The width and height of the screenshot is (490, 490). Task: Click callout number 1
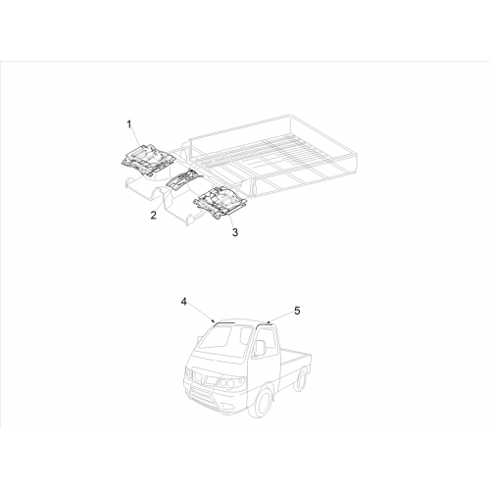click(x=129, y=124)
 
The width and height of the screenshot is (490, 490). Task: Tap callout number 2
click(x=153, y=216)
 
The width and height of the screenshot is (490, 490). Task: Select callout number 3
click(x=235, y=232)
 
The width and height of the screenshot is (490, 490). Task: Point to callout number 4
click(x=183, y=302)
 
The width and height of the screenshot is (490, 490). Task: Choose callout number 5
click(x=297, y=311)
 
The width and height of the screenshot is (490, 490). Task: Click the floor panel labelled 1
click(x=148, y=159)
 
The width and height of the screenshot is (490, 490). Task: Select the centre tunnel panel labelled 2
click(x=184, y=180)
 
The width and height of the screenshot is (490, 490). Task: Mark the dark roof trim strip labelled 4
click(x=223, y=322)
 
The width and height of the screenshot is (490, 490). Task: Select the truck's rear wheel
click(x=300, y=379)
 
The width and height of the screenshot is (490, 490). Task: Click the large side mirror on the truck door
click(x=260, y=348)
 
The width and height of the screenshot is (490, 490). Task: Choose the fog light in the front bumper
click(x=226, y=408)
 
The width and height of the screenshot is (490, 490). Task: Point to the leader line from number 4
click(x=200, y=314)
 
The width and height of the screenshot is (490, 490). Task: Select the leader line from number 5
click(x=279, y=318)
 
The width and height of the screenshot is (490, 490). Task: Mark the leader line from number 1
click(x=136, y=137)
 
